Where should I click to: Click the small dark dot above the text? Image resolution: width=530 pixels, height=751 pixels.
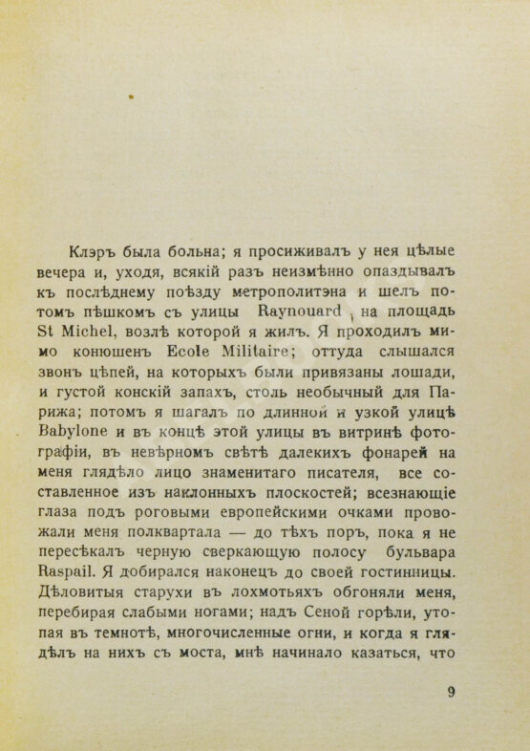click(x=133, y=97)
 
